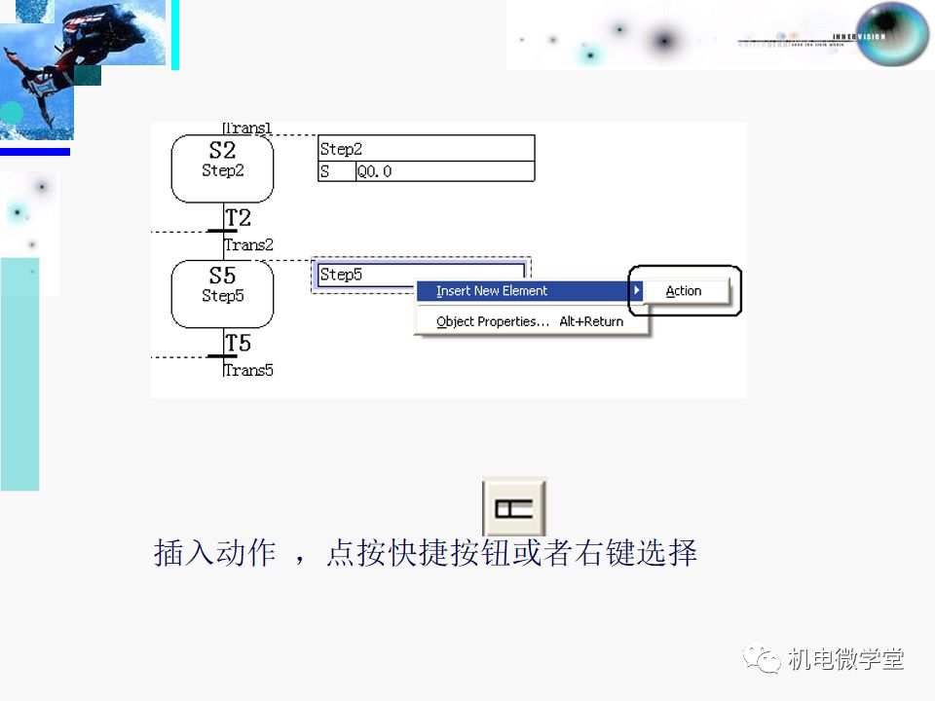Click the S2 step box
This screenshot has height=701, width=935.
[222, 167]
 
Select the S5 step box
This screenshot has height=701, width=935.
[222, 293]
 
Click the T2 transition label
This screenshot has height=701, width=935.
[239, 217]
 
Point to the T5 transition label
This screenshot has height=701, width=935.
[239, 343]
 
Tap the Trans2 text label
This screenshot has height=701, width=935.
[248, 244]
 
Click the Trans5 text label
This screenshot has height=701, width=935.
[248, 370]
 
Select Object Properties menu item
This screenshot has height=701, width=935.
[493, 321]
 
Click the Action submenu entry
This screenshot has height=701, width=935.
[684, 291]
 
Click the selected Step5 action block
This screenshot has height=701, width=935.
[360, 275]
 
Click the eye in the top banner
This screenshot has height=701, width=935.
[892, 34]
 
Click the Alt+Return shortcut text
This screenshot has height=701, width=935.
[591, 321]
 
